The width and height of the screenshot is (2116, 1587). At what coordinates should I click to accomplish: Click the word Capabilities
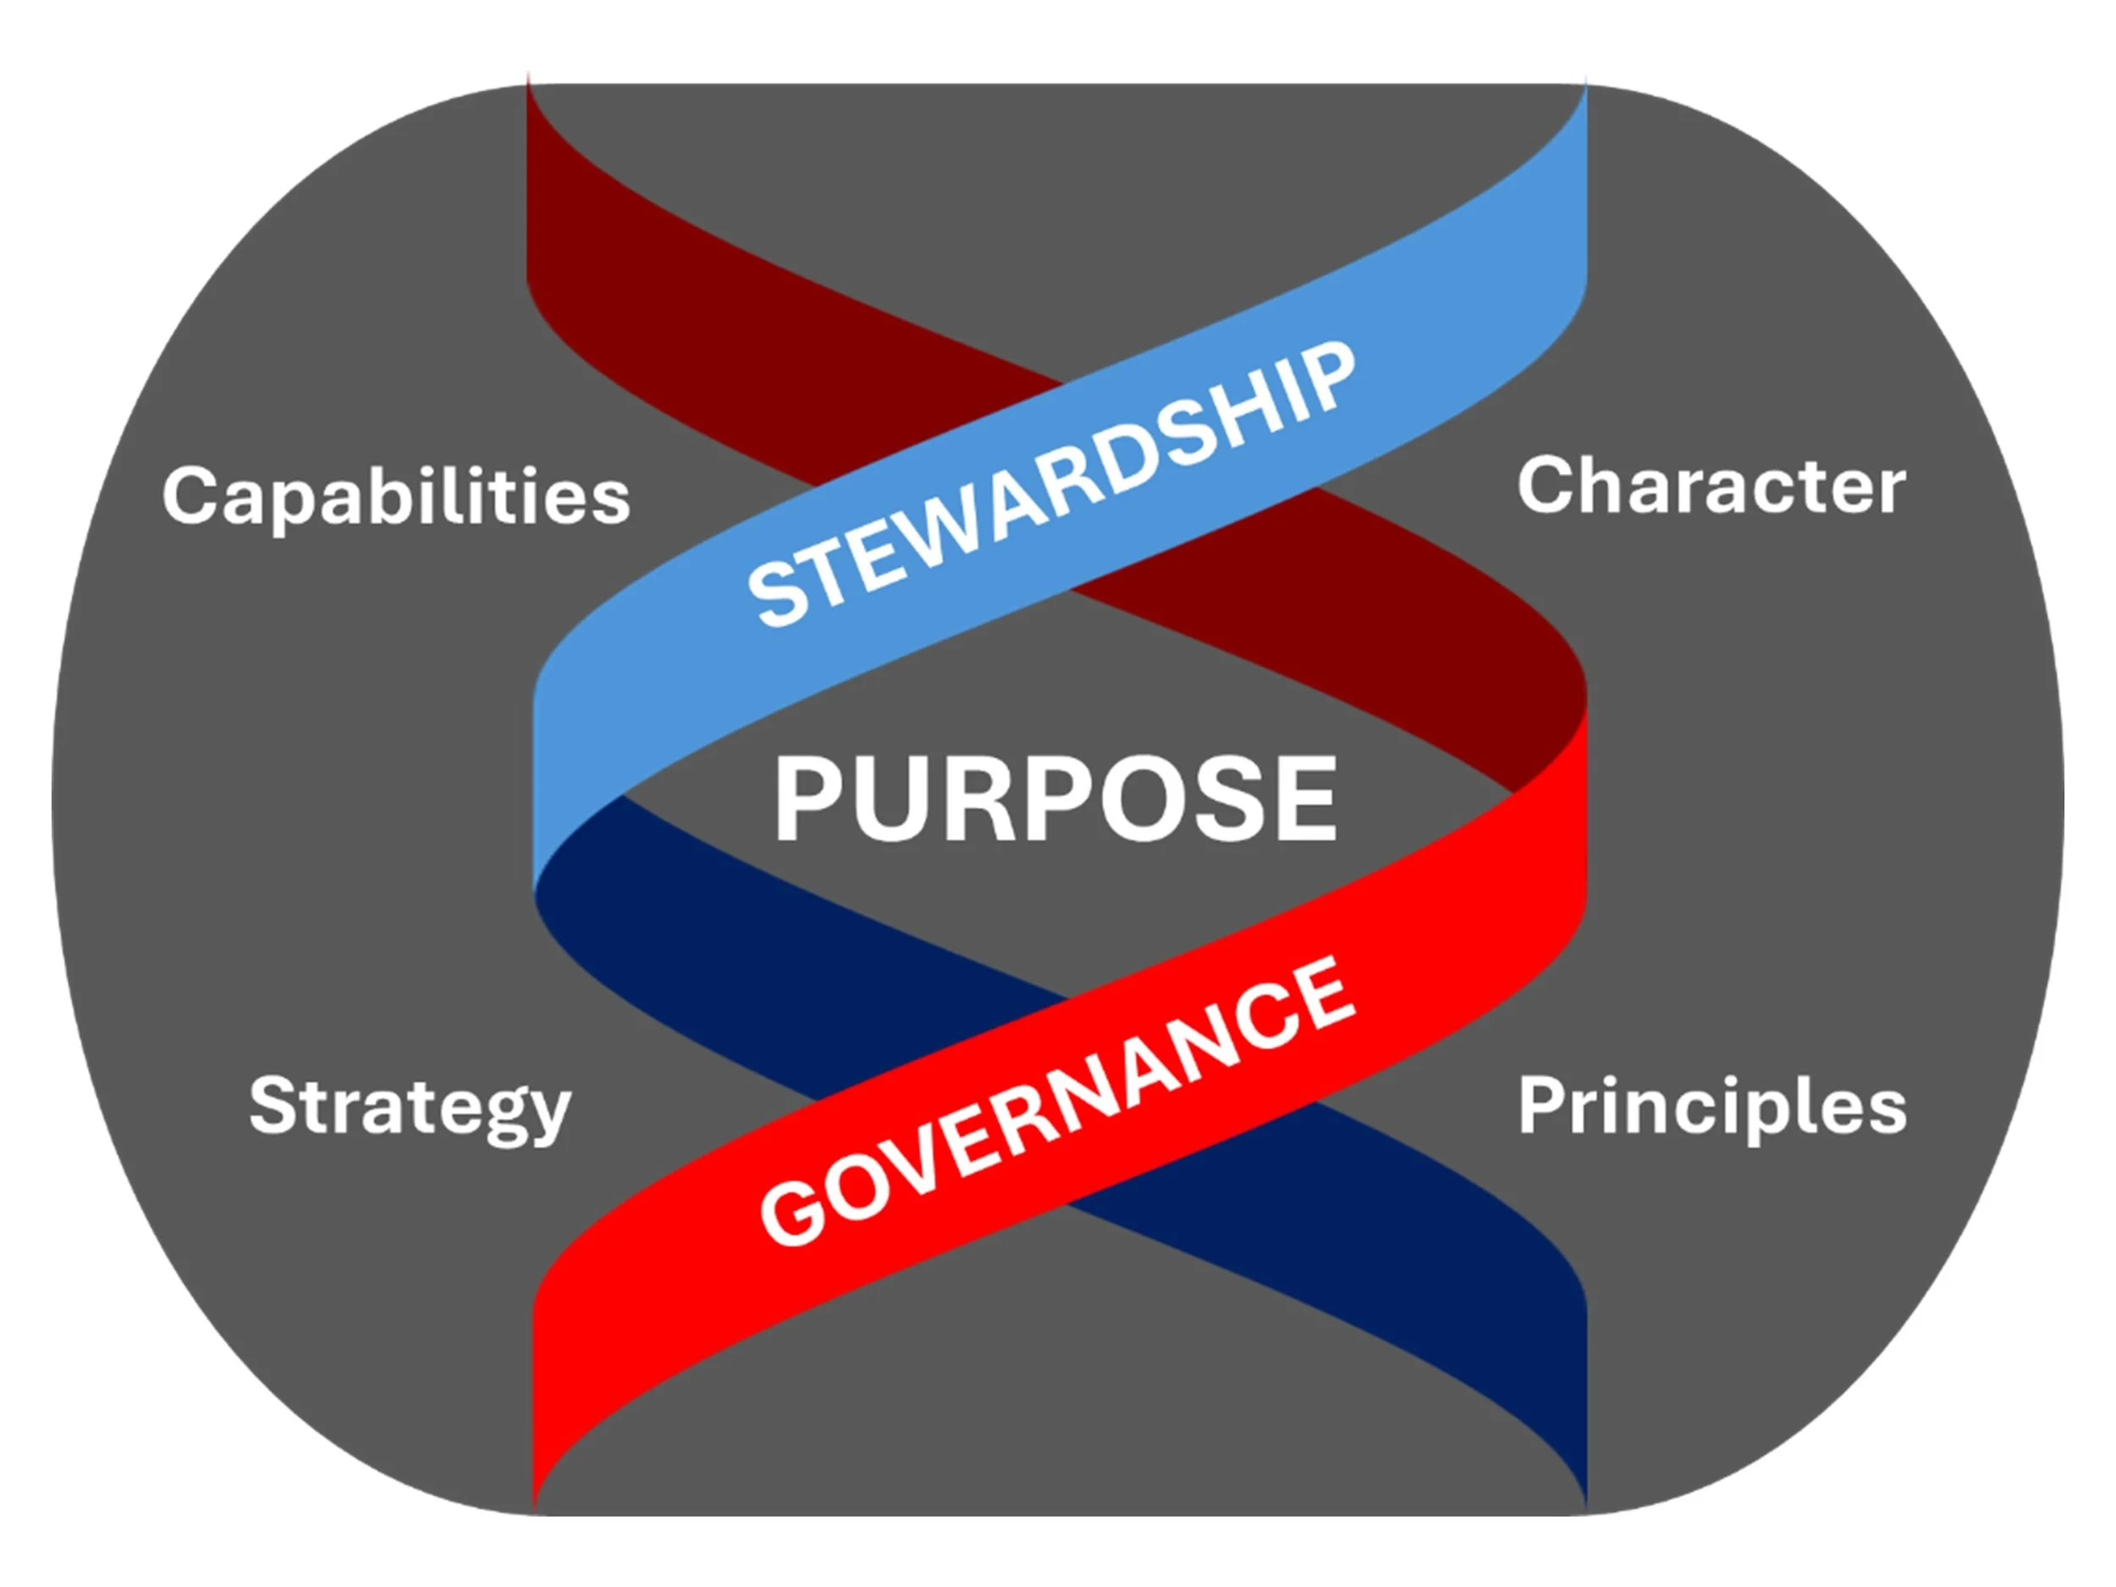396,495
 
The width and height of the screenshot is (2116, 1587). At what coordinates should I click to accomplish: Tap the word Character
1711,487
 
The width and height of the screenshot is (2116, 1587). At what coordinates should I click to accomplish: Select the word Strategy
410,1107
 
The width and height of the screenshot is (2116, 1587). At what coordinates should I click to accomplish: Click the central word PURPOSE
1055,799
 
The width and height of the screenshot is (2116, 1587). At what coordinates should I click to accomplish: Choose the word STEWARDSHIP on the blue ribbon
1050,485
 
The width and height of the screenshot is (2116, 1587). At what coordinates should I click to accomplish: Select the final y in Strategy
547,1115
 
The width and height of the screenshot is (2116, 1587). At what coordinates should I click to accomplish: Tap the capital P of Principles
1543,1106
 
